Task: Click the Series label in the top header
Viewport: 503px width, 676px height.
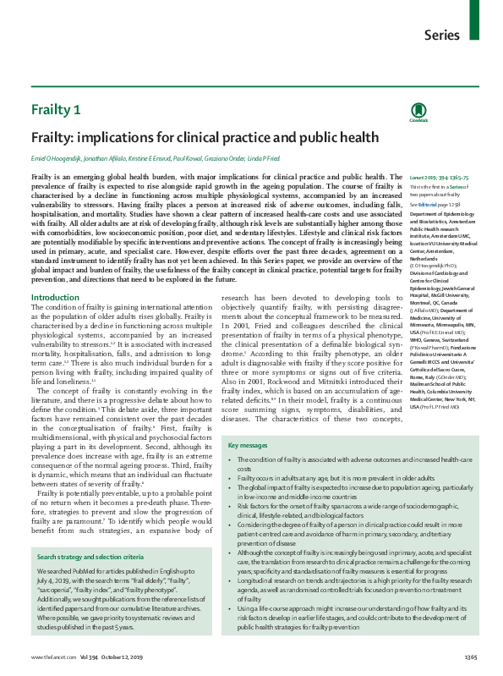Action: coord(443,35)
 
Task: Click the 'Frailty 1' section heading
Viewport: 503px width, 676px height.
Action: coord(56,110)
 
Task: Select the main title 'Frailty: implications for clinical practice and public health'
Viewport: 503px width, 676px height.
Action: coord(194,137)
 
